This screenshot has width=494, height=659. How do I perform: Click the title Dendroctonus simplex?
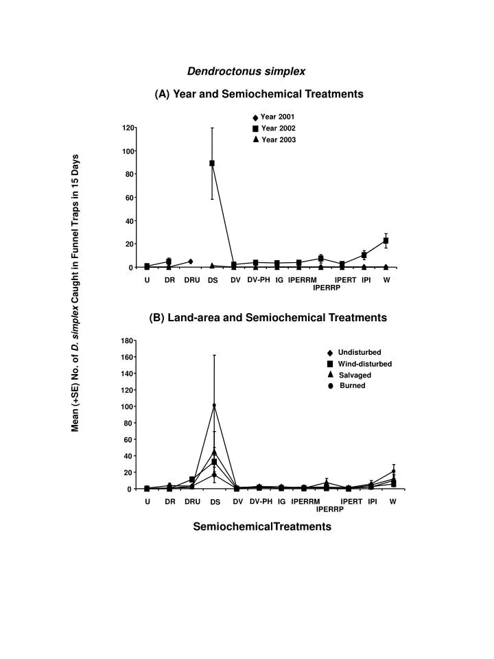(x=246, y=71)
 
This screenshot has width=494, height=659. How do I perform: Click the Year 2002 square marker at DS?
(x=212, y=163)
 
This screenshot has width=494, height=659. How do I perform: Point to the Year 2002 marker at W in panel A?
(x=386, y=241)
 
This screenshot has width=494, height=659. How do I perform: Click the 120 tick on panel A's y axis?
(x=128, y=128)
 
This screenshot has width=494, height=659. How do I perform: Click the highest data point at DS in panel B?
(x=214, y=406)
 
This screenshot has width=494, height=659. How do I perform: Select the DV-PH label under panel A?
(x=259, y=279)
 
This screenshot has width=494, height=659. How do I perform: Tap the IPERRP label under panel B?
(x=330, y=509)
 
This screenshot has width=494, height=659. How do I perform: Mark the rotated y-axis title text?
(x=75, y=294)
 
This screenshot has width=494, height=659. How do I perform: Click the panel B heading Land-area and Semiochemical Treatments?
(x=268, y=318)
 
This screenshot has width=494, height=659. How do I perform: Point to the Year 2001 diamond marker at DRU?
(x=190, y=262)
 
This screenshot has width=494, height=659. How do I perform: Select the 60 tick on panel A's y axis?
(x=128, y=198)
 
